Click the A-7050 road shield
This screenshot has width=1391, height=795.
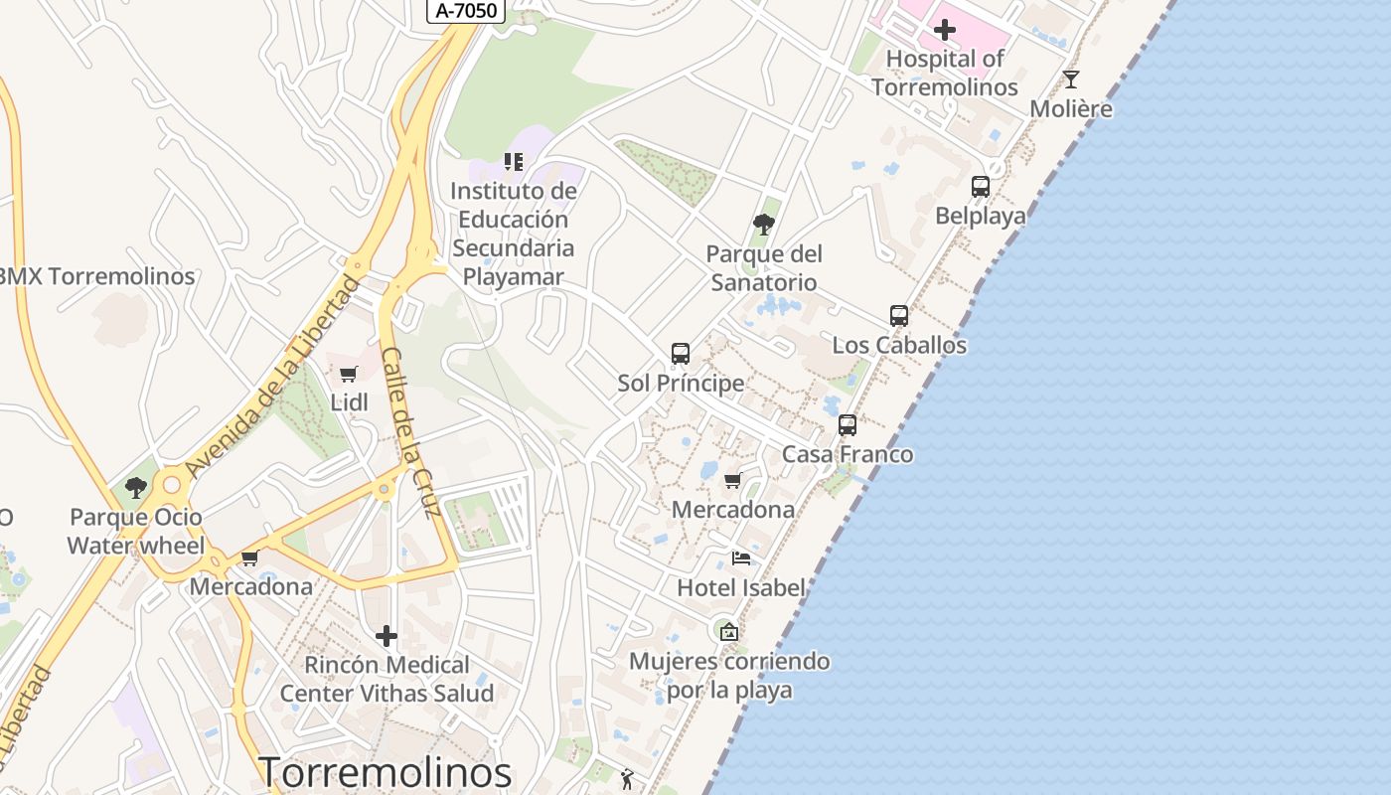(467, 11)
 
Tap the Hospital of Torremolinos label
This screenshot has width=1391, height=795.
(945, 73)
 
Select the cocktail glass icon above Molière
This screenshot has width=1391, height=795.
(1070, 79)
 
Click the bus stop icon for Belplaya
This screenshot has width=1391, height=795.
(980, 186)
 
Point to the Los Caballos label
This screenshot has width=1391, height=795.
(899, 345)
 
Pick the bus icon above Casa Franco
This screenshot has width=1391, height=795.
(848, 425)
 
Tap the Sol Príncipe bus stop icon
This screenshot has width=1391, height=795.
(681, 354)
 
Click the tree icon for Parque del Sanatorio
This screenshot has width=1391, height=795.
(763, 225)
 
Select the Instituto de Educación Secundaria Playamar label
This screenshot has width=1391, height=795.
(513, 234)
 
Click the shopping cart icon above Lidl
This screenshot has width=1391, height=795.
(348, 375)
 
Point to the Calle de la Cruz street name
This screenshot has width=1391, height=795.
(409, 432)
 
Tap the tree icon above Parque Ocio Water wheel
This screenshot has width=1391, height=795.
(135, 488)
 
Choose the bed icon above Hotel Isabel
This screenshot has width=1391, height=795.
(740, 558)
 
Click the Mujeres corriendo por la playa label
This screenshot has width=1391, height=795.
(729, 675)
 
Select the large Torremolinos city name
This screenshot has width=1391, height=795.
(386, 772)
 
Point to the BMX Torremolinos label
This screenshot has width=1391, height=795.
(97, 276)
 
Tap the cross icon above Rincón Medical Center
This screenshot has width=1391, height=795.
(386, 636)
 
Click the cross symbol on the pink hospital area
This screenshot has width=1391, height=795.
(944, 30)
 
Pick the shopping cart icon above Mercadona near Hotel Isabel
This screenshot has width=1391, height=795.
(733, 481)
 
